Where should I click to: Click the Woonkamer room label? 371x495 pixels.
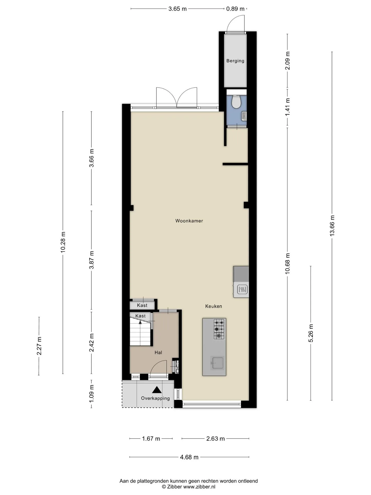189,221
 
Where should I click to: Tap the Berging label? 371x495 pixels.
235,61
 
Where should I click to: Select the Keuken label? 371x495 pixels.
214,306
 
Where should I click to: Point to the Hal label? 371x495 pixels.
158,352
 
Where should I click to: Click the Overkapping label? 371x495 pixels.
155,398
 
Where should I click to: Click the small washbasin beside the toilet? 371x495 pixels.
244,116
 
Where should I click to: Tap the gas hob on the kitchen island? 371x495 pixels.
219,329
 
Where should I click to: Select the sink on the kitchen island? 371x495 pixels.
217,363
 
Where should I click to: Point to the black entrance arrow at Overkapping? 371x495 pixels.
157,390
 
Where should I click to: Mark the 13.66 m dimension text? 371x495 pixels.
332,226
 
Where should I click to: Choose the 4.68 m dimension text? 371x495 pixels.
189,457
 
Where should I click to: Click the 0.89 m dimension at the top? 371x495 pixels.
235,9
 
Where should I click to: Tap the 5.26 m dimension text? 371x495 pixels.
311,333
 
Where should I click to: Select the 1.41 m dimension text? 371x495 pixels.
288,107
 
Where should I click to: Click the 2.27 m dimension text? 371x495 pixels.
39,346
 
